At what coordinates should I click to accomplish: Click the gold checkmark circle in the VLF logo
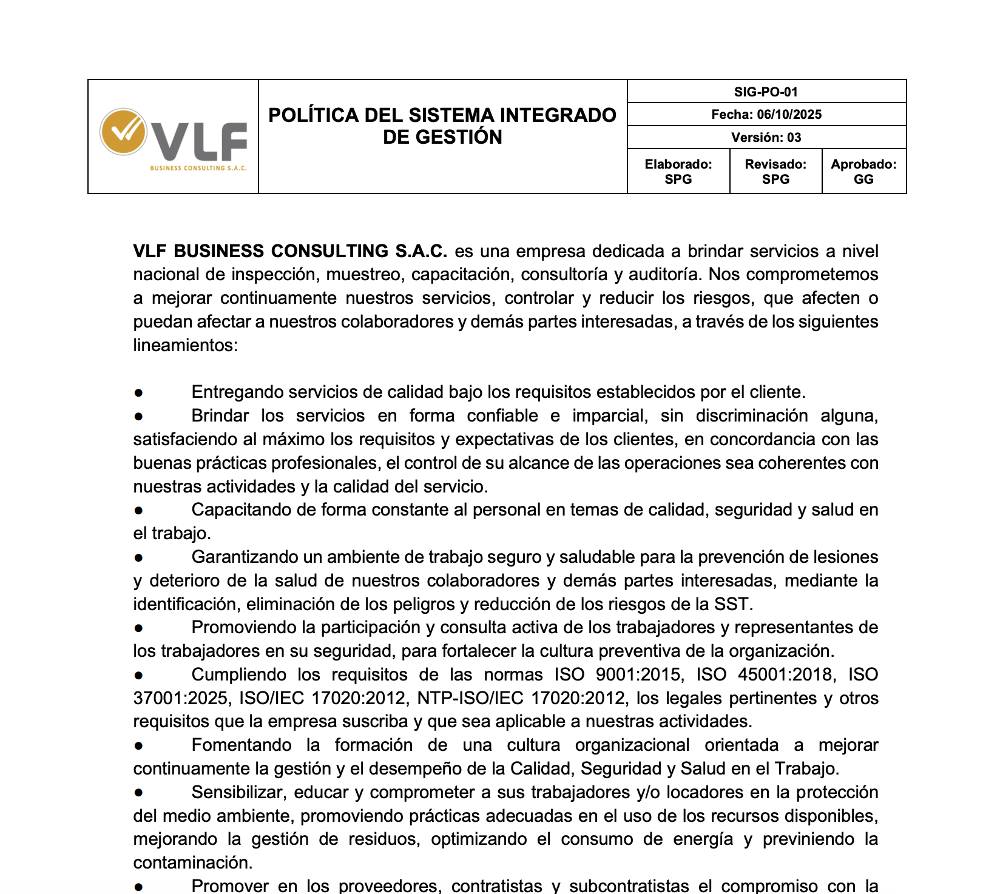pyautogui.click(x=123, y=131)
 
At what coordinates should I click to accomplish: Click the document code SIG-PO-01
pyautogui.click(x=766, y=92)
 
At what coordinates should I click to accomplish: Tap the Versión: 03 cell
pyautogui.click(x=766, y=138)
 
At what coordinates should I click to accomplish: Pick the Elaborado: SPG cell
pyautogui.click(x=678, y=172)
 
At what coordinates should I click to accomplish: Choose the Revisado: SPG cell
pyautogui.click(x=775, y=172)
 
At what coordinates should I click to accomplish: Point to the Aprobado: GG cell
pyautogui.click(x=863, y=172)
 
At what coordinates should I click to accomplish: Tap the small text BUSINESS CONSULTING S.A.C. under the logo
pyautogui.click(x=198, y=168)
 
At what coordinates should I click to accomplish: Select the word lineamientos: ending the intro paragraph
pyautogui.click(x=186, y=346)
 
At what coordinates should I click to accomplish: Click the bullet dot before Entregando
pyautogui.click(x=139, y=393)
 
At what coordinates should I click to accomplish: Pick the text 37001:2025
pyautogui.click(x=181, y=699)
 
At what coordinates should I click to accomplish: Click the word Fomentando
pyautogui.click(x=242, y=745)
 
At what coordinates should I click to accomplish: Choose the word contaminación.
pyautogui.click(x=192, y=863)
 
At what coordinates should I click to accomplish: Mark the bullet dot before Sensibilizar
pyautogui.click(x=139, y=793)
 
